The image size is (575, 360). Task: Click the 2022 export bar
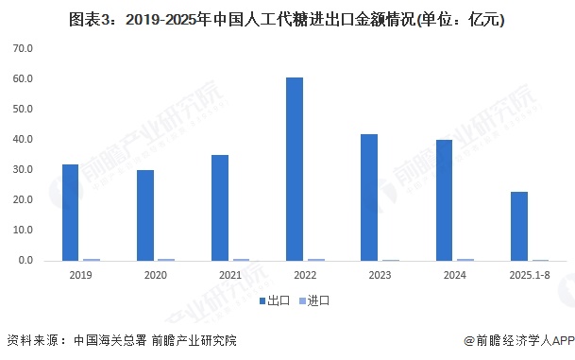click(295, 168)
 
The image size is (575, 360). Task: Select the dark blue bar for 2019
click(71, 212)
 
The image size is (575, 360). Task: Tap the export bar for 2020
click(144, 214)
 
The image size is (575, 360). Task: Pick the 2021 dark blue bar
click(219, 207)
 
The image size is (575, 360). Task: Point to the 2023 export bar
click(368, 197)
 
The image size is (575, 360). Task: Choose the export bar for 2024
click(443, 199)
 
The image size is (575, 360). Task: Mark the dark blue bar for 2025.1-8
click(517, 226)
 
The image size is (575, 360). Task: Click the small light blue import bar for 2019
click(92, 259)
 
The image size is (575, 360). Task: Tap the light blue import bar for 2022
click(315, 259)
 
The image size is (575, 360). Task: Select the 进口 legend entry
click(313, 300)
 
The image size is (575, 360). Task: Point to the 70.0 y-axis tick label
click(24, 48)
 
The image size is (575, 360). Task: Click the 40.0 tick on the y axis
click(24, 139)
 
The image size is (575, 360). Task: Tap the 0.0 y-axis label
click(25, 260)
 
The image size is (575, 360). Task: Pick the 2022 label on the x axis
click(304, 275)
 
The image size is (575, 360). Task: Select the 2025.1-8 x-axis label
click(528, 275)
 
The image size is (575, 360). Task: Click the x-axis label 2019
click(80, 275)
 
